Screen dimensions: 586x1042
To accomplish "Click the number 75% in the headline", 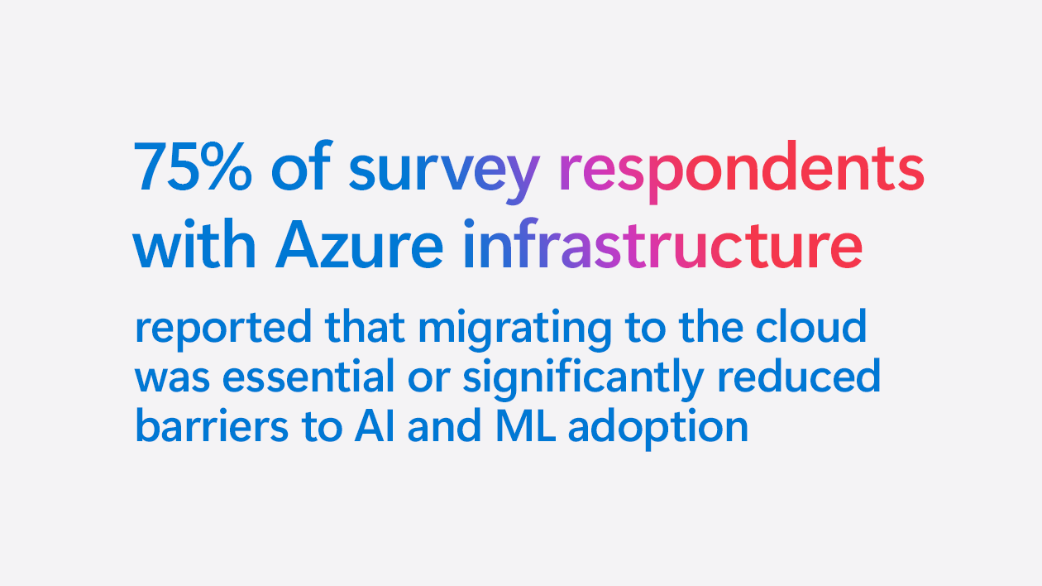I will [x=194, y=168].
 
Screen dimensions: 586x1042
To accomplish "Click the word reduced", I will [x=798, y=377].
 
